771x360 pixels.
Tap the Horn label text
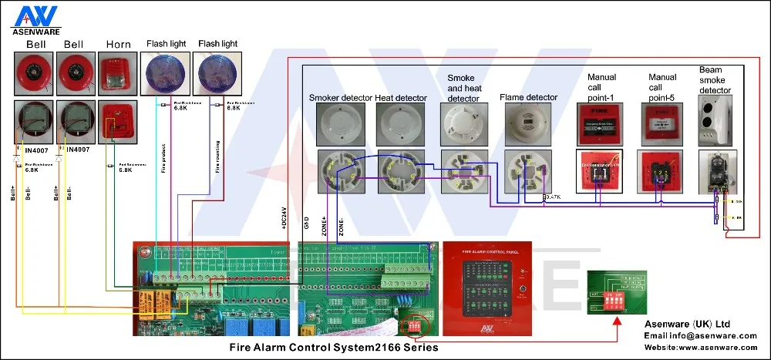(x=118, y=45)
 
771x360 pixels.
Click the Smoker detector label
(x=340, y=98)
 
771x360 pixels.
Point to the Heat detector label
(x=400, y=98)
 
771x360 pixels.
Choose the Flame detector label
(x=528, y=98)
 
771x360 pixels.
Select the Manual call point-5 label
(x=662, y=87)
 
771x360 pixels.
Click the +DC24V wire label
(x=284, y=218)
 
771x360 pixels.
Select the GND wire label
(x=306, y=223)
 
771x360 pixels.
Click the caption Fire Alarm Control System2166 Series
(x=334, y=348)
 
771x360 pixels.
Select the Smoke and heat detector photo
(x=463, y=123)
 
